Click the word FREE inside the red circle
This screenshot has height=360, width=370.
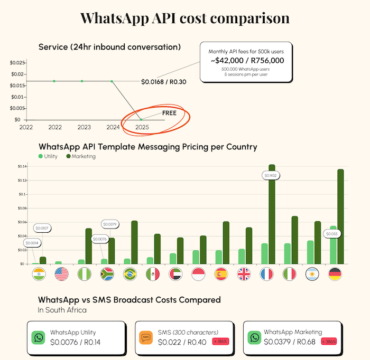[169, 112]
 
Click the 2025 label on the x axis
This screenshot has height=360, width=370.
[142, 127]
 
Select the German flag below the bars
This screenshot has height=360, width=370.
[334, 274]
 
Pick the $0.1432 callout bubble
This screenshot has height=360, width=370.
[272, 175]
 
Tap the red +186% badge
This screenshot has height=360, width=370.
[220, 342]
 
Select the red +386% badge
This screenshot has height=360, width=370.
[328, 342]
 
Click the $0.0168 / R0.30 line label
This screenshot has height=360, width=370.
[164, 82]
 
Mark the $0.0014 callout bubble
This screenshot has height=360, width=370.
[32, 243]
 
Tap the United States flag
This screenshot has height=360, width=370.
[61, 274]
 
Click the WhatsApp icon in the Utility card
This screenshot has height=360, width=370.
[39, 337]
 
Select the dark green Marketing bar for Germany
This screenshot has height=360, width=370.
[340, 216]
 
